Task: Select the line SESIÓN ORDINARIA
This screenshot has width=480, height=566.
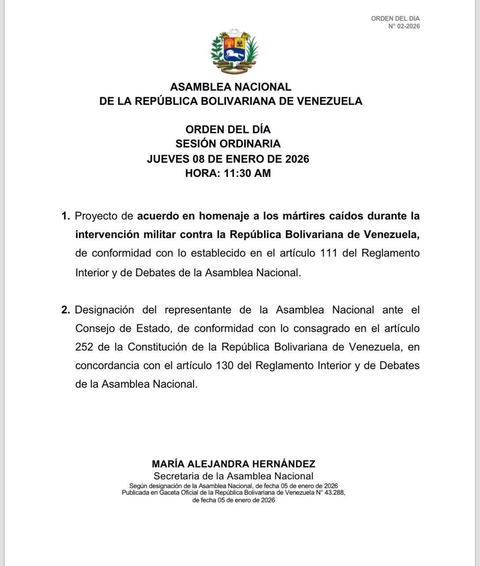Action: click(x=228, y=144)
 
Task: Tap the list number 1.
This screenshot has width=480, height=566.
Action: click(x=65, y=216)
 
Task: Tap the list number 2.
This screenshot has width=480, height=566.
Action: click(x=65, y=310)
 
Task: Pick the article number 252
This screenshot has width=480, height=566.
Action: click(x=84, y=347)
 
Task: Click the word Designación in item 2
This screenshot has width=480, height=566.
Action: click(x=103, y=310)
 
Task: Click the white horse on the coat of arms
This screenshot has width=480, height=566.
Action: click(x=233, y=55)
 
